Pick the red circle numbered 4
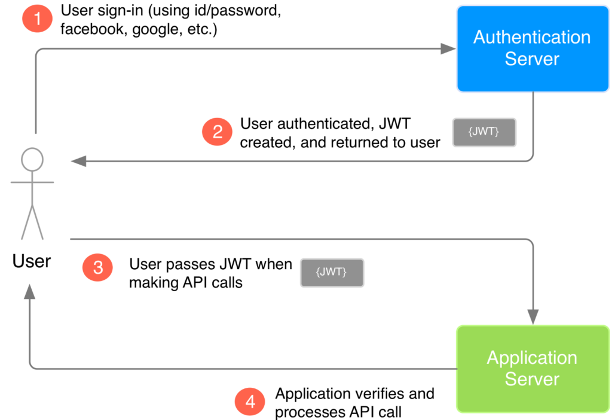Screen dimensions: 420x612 pos(250,402)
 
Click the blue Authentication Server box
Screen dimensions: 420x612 pos(532,48)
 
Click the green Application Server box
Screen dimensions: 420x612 pos(532,368)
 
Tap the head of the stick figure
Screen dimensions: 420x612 pos(32,159)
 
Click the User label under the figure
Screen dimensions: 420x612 pos(32,261)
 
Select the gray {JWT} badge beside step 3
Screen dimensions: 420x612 pos(332,273)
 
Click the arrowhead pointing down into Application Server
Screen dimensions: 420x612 pos(533,317)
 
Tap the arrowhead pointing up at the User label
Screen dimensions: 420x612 pos(30,291)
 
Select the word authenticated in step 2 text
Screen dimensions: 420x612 pos(316,123)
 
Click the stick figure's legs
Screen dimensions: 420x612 pos(32,221)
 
